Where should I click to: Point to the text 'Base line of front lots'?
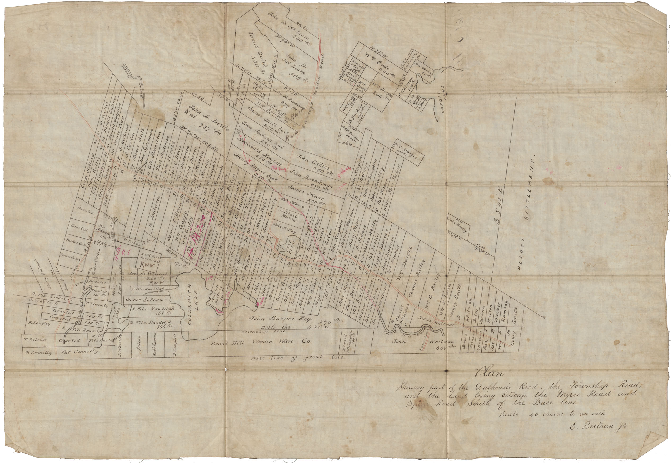[x=297, y=358]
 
